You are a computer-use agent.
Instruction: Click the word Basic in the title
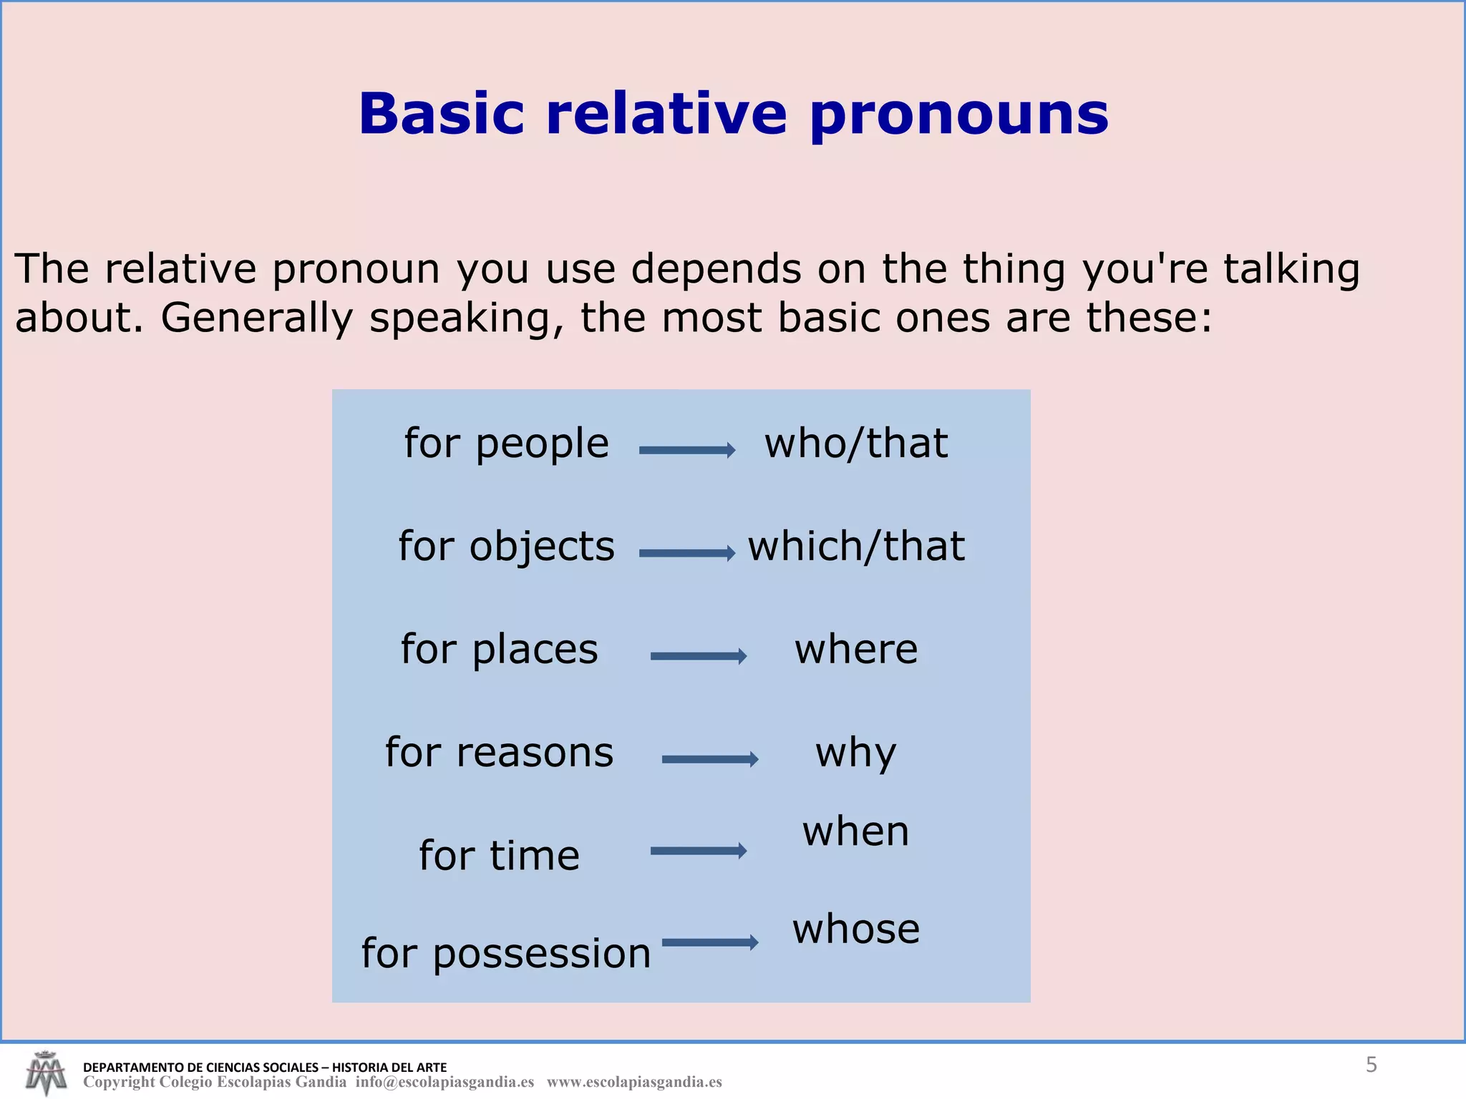pos(441,114)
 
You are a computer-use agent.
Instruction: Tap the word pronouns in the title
pos(959,114)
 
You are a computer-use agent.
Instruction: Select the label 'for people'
pos(506,444)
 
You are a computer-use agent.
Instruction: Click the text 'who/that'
pos(856,444)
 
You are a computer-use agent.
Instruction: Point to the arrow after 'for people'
pos(687,450)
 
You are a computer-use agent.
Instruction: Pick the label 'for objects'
pos(506,547)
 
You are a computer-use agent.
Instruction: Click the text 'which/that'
pos(856,547)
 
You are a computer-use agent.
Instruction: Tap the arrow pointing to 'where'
pos(698,656)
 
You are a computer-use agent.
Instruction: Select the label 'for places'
pos(499,650)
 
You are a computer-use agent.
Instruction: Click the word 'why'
pos(855,753)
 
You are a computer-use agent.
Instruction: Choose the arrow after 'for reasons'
pos(709,759)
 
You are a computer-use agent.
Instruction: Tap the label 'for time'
pos(499,856)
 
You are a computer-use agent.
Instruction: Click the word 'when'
pos(855,831)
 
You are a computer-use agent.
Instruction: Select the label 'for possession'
pos(506,953)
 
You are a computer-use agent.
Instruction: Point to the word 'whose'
pos(855,929)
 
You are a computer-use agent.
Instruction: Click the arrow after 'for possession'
pos(709,942)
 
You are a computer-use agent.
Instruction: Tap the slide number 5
pos(1371,1065)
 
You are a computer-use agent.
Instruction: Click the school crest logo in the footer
pos(45,1073)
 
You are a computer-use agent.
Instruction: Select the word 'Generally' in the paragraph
pos(256,318)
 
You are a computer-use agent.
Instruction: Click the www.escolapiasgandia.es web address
pos(634,1083)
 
